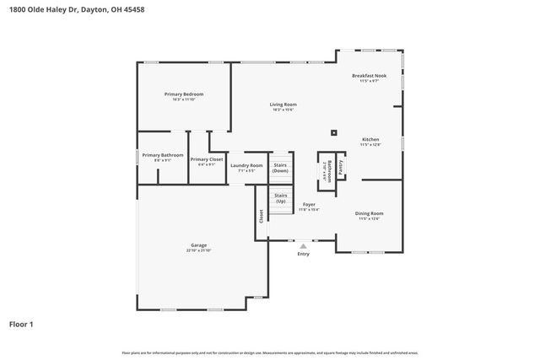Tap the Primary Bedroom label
(184, 94)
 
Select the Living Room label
(283, 105)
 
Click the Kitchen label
(370, 139)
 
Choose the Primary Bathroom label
(163, 155)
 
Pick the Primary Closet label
(207, 159)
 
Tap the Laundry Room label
(246, 165)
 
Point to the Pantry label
(340, 168)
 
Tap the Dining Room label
(370, 214)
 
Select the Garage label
(198, 245)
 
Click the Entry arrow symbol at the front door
(303, 246)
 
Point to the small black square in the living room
(334, 132)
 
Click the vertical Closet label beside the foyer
(262, 216)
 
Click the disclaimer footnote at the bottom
(269, 352)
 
